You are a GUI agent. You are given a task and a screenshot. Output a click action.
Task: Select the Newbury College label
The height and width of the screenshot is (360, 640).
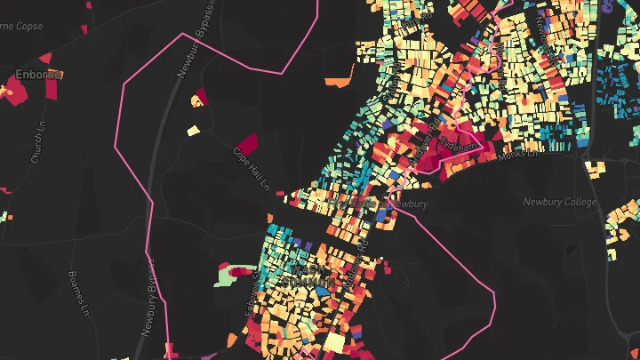pyautogui.click(x=559, y=202)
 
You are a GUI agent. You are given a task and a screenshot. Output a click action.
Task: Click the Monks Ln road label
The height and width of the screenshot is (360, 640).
pyautogui.click(x=520, y=155)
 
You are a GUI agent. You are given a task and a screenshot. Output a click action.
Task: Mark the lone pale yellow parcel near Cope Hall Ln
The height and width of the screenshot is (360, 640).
pyautogui.click(x=193, y=132)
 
